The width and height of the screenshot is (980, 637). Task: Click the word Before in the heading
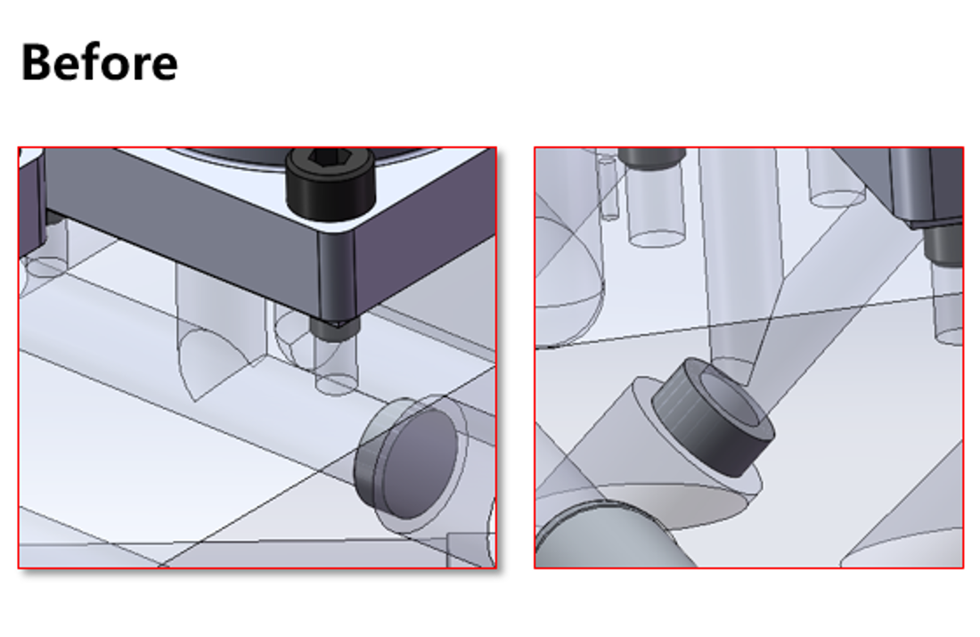99,62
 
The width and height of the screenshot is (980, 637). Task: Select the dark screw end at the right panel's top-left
650,157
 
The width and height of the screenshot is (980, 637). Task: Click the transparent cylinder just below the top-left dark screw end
657,209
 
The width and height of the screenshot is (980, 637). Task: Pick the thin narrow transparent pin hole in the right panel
608,187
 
